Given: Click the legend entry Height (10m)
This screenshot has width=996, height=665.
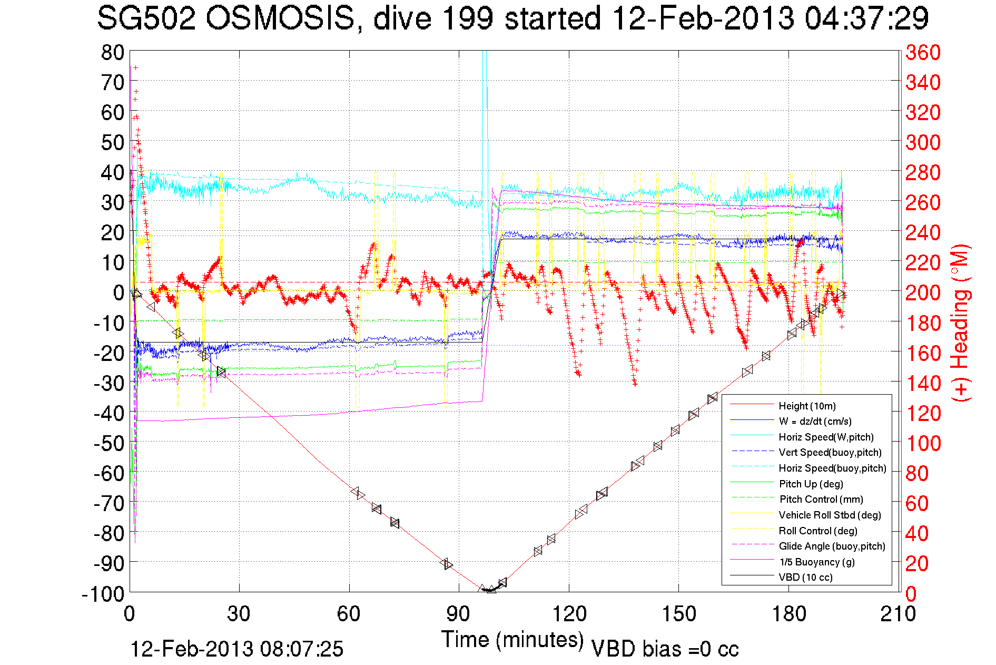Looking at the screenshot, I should click(x=806, y=406).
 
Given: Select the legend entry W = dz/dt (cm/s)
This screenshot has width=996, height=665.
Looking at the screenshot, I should click(x=815, y=421).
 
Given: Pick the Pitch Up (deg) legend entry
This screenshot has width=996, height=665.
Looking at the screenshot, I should click(x=811, y=484).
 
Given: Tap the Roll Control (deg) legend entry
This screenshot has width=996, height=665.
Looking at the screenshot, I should click(x=817, y=531).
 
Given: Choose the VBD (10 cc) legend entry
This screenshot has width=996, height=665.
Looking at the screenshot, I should click(x=805, y=577).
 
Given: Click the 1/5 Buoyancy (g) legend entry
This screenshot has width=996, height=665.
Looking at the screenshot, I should click(x=817, y=562).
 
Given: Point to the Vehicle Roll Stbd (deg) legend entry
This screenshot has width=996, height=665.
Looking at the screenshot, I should click(x=830, y=515).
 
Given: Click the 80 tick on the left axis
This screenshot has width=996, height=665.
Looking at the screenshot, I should click(x=112, y=53).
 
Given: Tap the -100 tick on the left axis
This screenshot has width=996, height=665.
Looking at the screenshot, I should click(x=103, y=594).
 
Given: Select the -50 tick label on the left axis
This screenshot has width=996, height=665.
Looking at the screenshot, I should click(x=109, y=444).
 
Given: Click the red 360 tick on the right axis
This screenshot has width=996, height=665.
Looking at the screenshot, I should click(x=923, y=53).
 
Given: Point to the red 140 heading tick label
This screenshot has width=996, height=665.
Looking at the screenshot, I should click(x=923, y=383).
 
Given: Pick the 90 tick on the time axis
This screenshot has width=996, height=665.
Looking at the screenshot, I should click(x=458, y=614).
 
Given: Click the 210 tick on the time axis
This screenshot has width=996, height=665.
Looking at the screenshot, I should click(x=898, y=614).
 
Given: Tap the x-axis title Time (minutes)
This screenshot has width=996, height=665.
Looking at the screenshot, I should click(x=512, y=639).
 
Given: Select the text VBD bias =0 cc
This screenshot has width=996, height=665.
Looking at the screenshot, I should click(x=665, y=649).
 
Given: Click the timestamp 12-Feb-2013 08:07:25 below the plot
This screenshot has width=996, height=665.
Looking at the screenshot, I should click(x=236, y=649).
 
